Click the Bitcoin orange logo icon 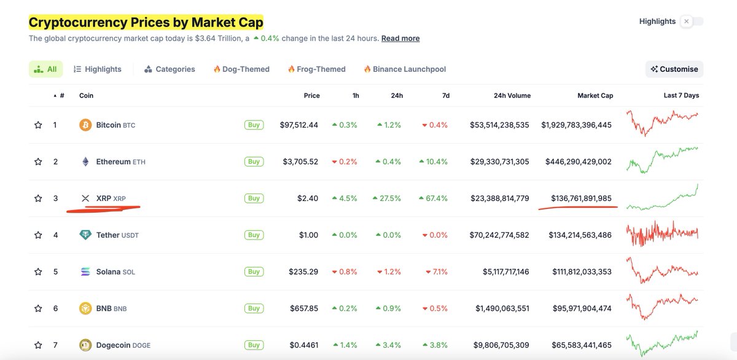85,125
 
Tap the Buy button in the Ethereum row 254,162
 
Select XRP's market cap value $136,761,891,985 578,198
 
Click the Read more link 400,38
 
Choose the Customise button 674,69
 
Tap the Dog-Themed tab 241,69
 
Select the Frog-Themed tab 316,69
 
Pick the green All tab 46,69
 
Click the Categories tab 170,69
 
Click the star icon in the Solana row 38,272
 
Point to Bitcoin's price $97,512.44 299,125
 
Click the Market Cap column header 595,96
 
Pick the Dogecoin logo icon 85,345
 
